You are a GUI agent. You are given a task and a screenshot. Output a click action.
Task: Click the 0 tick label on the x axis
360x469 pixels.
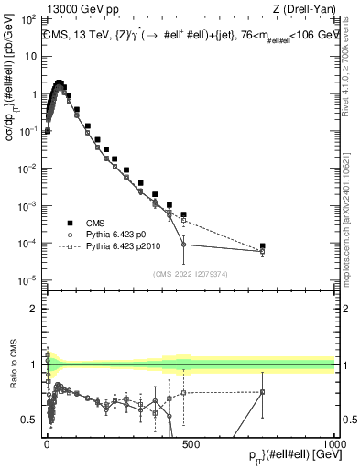point(47,445)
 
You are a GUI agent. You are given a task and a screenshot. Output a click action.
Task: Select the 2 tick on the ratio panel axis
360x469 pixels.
point(32,309)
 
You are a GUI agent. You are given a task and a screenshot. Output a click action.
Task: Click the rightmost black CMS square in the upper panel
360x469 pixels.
point(263,246)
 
